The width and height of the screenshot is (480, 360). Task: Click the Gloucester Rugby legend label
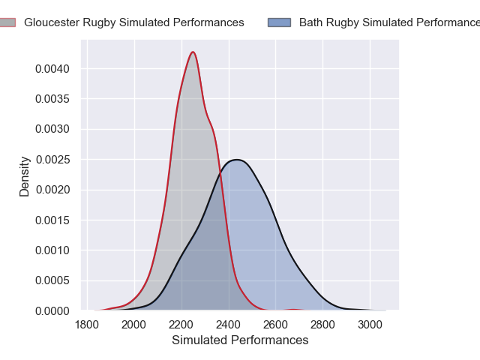coord(133,22)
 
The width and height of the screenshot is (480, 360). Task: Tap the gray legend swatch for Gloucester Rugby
coord(7,22)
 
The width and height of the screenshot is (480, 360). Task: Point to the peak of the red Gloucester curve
coord(193,52)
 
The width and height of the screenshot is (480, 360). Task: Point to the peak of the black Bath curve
coord(236,160)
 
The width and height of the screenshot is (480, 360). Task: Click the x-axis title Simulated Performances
coord(240,340)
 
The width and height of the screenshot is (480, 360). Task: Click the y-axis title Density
coord(25,176)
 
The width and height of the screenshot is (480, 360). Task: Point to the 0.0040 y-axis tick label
coord(53,69)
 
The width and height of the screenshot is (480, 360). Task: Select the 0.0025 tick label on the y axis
coord(53,160)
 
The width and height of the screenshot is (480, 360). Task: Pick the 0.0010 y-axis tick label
coord(53,250)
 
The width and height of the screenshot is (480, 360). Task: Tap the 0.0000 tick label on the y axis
coord(53,310)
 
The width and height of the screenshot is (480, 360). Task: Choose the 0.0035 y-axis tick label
coord(53,99)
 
